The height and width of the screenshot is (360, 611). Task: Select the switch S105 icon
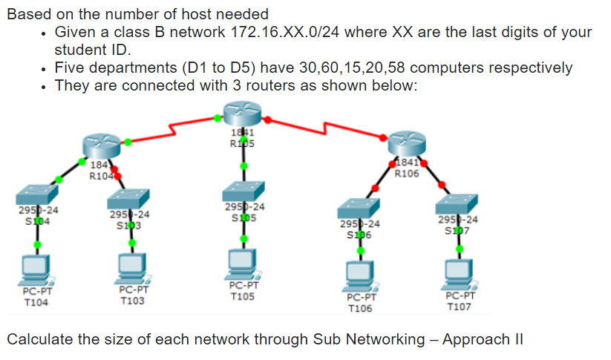pos(244,191)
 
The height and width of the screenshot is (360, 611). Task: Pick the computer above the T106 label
pos(361,273)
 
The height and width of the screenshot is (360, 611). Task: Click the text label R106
pos(408,174)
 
